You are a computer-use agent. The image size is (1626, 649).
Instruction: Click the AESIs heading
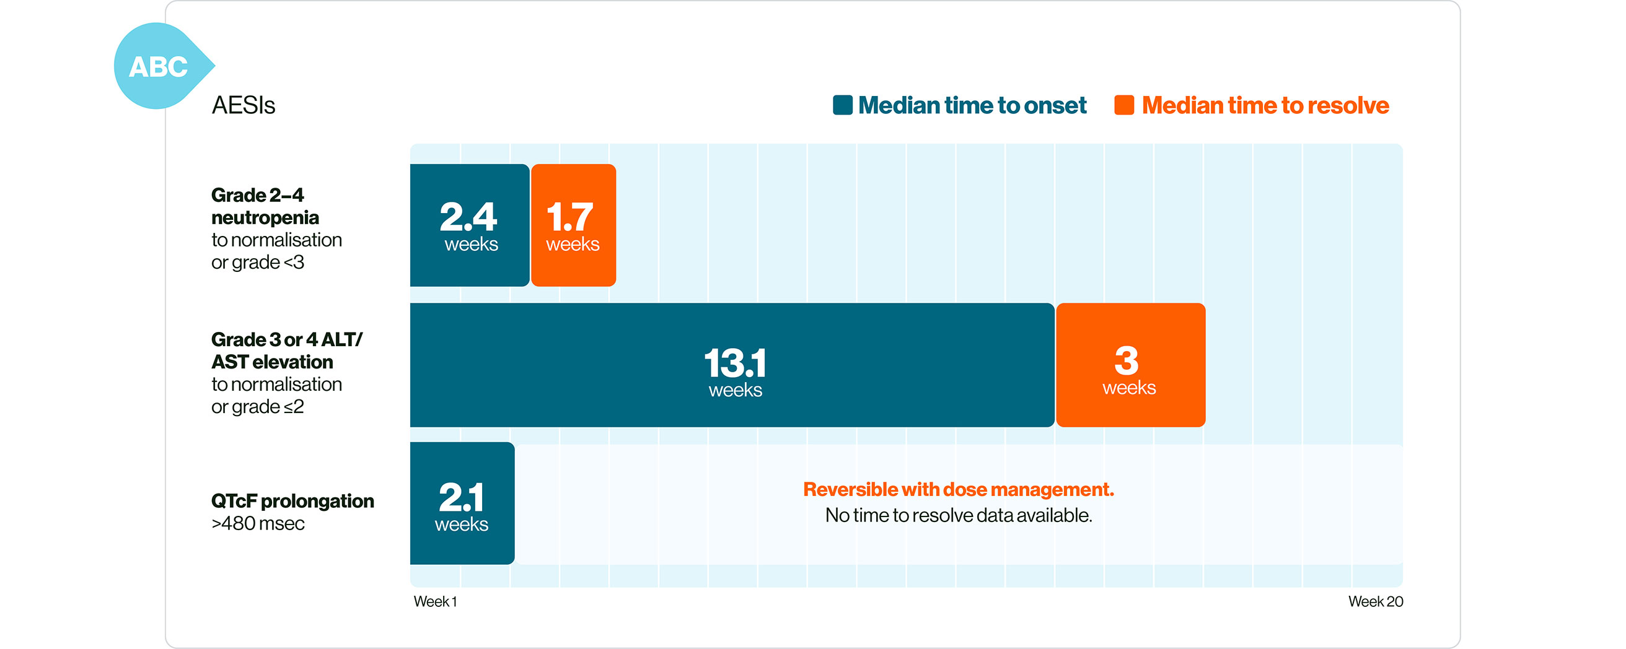(x=243, y=105)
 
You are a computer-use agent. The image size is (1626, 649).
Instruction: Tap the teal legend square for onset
(x=842, y=105)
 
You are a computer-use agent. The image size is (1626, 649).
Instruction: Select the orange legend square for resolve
(x=1124, y=105)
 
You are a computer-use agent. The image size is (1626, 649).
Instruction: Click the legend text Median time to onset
(x=972, y=105)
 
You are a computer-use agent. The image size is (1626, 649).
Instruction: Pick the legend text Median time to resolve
(x=1265, y=105)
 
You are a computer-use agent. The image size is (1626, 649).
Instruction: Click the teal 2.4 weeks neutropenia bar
(x=470, y=225)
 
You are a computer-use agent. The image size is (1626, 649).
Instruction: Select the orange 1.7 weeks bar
(x=573, y=225)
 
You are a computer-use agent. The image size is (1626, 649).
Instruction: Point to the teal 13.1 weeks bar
(x=732, y=365)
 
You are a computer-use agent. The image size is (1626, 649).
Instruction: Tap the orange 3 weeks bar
(x=1130, y=365)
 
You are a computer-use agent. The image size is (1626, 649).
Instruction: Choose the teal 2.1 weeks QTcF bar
(x=462, y=503)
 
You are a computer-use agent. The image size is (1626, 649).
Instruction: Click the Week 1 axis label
(x=436, y=601)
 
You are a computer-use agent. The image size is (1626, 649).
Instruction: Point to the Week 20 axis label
(x=1376, y=601)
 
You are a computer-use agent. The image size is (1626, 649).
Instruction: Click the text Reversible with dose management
(x=958, y=489)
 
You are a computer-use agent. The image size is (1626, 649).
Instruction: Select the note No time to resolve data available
(x=958, y=515)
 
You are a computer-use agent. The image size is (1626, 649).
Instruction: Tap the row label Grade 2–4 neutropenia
(x=265, y=206)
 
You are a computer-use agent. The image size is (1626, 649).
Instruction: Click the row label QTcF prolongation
(x=292, y=501)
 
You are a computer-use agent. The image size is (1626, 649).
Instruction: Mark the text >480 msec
(x=258, y=523)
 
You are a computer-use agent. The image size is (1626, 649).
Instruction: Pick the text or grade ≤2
(x=258, y=407)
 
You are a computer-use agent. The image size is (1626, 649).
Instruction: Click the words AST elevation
(x=272, y=362)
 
